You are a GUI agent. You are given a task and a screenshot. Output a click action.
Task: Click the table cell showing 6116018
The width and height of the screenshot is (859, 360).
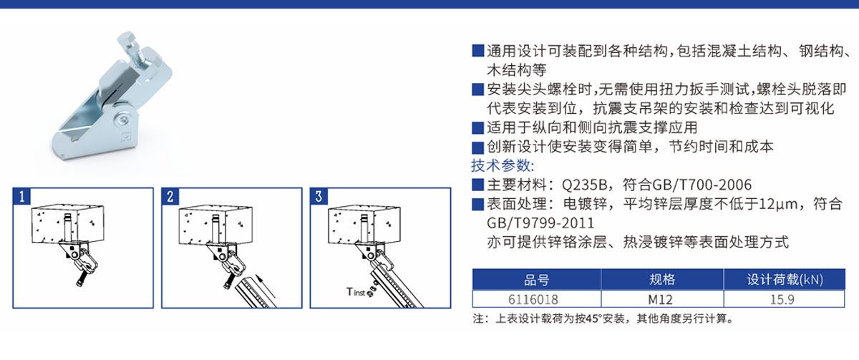536,299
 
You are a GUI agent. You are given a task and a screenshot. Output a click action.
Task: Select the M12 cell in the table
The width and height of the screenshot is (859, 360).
662,299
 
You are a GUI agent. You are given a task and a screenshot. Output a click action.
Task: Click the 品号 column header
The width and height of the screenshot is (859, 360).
536,280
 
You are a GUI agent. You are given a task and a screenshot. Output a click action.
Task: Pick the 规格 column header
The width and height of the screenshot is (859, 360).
662,280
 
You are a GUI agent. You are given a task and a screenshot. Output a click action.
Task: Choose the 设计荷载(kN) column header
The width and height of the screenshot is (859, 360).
785,280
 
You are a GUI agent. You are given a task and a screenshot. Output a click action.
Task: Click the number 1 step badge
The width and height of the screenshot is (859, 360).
22,196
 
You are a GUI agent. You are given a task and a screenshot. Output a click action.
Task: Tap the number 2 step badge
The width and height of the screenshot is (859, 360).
170,196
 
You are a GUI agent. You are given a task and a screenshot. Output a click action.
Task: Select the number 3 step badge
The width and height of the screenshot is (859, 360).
319,196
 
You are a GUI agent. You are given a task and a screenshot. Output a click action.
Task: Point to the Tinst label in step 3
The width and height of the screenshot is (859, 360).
356,292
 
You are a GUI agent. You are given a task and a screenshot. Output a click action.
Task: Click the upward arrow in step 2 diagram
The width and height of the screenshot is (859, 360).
266,287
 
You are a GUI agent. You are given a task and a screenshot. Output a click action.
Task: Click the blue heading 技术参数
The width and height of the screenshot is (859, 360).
503,165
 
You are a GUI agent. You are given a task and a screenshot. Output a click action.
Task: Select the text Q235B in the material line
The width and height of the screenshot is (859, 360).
584,185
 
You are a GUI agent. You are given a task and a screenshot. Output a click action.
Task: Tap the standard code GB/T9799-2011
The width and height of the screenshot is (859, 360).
540,223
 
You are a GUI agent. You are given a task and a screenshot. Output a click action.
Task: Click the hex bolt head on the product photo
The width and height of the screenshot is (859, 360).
127,40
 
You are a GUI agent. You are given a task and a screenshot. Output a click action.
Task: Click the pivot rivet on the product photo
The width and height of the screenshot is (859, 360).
123,120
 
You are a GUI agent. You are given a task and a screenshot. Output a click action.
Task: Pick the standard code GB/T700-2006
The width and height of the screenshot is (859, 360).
702,185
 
